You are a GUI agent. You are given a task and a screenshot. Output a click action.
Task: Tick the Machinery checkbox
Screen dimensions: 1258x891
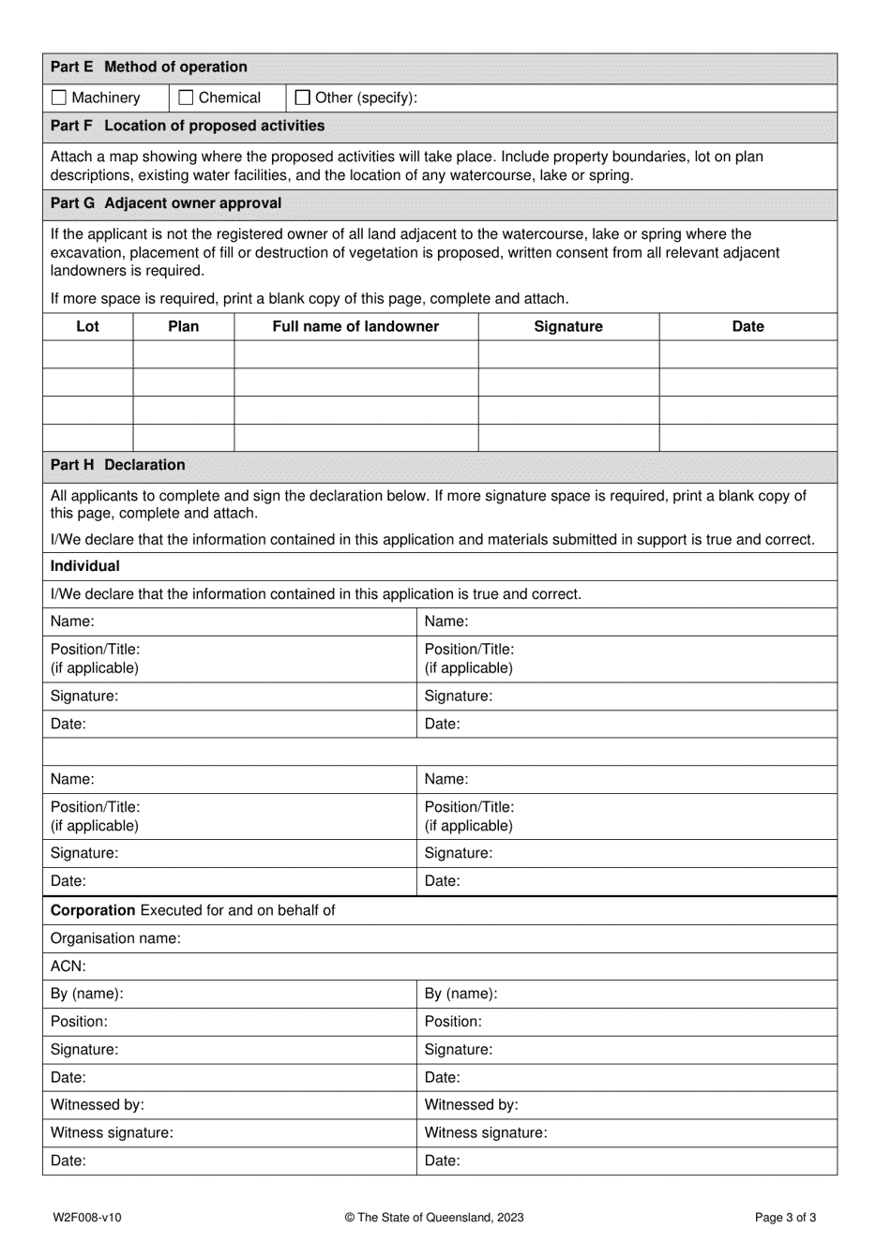pyautogui.click(x=60, y=97)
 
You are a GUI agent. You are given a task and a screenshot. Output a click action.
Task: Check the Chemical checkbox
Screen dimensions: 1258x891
pyautogui.click(x=186, y=97)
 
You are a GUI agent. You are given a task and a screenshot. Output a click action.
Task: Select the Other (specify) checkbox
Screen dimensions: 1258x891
pyautogui.click(x=303, y=97)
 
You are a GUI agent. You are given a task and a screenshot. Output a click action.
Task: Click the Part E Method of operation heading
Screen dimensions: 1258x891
pyautogui.click(x=149, y=67)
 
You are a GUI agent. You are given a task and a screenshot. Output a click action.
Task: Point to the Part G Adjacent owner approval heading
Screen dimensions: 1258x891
pyautogui.click(x=166, y=203)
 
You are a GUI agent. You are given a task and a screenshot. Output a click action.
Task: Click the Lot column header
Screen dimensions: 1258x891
pyautogui.click(x=87, y=326)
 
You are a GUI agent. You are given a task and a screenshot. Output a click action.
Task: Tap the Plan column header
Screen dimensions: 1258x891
pyautogui.click(x=183, y=326)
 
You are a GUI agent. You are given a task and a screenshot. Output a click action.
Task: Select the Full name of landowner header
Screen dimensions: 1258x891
pyautogui.click(x=355, y=326)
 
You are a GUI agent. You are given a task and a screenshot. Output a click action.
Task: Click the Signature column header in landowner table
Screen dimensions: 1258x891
pyautogui.click(x=568, y=326)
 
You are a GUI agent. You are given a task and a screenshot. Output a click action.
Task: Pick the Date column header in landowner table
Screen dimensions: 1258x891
pyautogui.click(x=748, y=326)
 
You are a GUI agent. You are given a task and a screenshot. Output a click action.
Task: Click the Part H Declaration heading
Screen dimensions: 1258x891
pyautogui.click(x=118, y=465)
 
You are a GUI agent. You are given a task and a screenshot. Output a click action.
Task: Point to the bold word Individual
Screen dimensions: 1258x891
pyautogui.click(x=85, y=566)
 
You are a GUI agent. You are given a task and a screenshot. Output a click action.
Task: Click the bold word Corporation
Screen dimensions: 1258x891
pyautogui.click(x=93, y=910)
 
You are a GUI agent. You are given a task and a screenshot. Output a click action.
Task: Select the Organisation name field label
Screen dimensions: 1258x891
pyautogui.click(x=115, y=938)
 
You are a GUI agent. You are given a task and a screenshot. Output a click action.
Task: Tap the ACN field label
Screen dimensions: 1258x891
pyautogui.click(x=68, y=966)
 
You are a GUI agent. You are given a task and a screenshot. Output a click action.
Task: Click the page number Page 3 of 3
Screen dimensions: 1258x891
pyautogui.click(x=785, y=1218)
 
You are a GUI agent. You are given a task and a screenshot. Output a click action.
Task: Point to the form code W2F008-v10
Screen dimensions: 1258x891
pyautogui.click(x=87, y=1218)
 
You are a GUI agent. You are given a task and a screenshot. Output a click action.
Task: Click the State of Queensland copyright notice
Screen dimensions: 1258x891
pyautogui.click(x=434, y=1218)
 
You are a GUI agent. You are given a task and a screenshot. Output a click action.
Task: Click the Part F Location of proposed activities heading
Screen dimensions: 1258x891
pyautogui.click(x=188, y=126)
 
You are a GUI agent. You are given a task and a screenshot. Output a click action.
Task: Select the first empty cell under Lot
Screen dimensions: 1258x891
pyautogui.click(x=87, y=354)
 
